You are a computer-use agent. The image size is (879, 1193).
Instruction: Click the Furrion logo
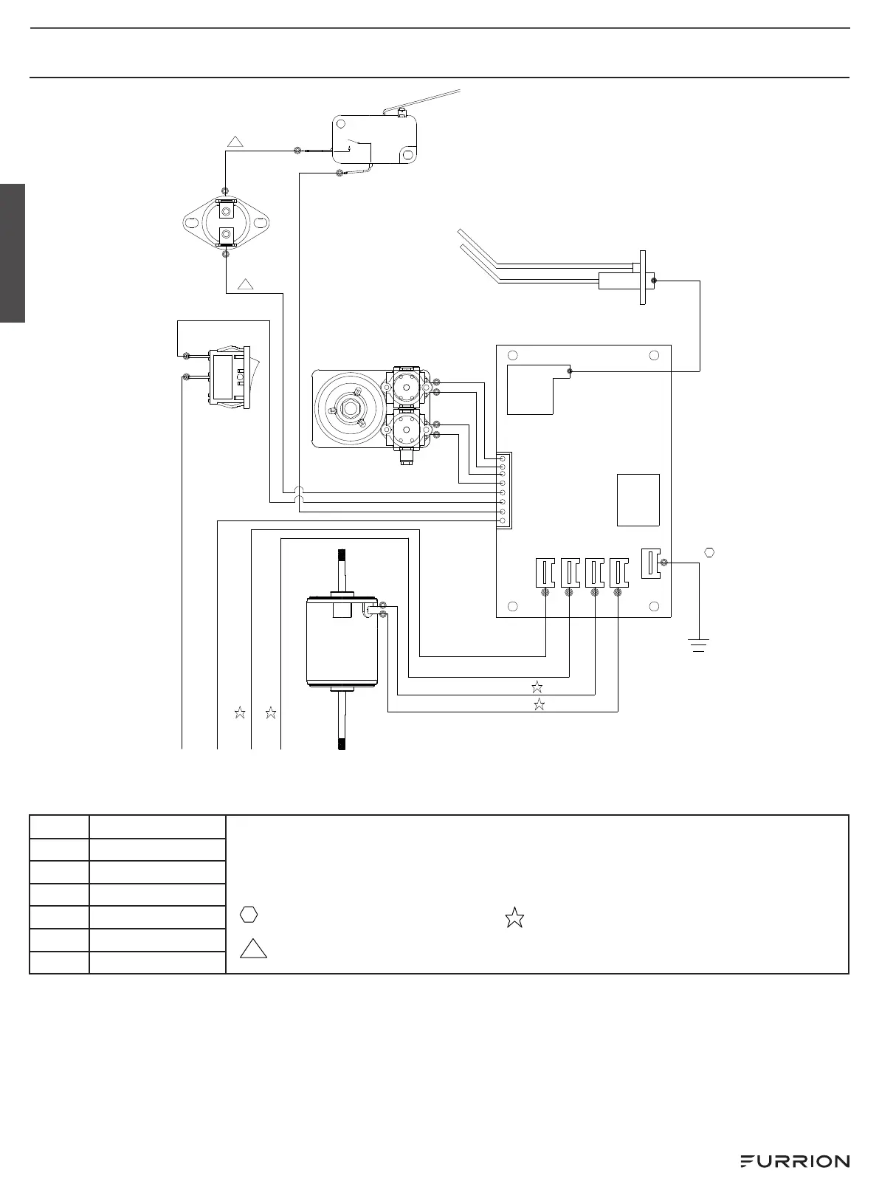[x=794, y=1161]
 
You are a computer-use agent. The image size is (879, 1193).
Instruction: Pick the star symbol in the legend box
[x=514, y=918]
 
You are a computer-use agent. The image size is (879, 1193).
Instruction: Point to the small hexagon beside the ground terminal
[x=710, y=552]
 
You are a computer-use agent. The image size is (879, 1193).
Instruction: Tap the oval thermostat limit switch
[x=225, y=221]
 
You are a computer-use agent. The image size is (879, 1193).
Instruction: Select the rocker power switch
[x=230, y=379]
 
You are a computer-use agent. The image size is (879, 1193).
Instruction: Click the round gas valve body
[x=347, y=408]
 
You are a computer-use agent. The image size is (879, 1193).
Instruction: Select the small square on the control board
[x=638, y=500]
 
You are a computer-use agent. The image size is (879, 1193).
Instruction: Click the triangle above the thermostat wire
[x=235, y=142]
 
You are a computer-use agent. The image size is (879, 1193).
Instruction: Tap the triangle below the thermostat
[x=247, y=283]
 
